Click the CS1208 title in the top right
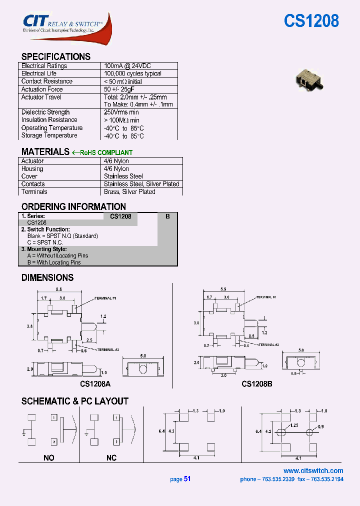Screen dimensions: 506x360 (311, 21)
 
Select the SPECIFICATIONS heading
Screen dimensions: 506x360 (56, 56)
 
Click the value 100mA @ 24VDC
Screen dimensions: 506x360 (127, 66)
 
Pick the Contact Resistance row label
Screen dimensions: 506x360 (47, 81)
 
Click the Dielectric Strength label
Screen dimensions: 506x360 (45, 112)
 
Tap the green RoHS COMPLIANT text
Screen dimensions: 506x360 (106, 152)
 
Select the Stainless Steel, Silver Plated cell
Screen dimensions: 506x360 (141, 184)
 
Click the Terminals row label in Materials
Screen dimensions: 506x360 (34, 192)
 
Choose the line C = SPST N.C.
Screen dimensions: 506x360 (47, 242)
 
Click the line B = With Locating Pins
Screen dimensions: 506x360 (54, 262)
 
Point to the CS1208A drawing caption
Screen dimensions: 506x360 (95, 384)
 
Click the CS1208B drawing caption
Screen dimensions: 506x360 (256, 384)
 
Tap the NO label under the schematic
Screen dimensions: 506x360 (49, 458)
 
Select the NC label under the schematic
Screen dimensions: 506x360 (111, 458)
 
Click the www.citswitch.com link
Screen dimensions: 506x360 (313, 470)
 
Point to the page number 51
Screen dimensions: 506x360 (187, 479)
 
